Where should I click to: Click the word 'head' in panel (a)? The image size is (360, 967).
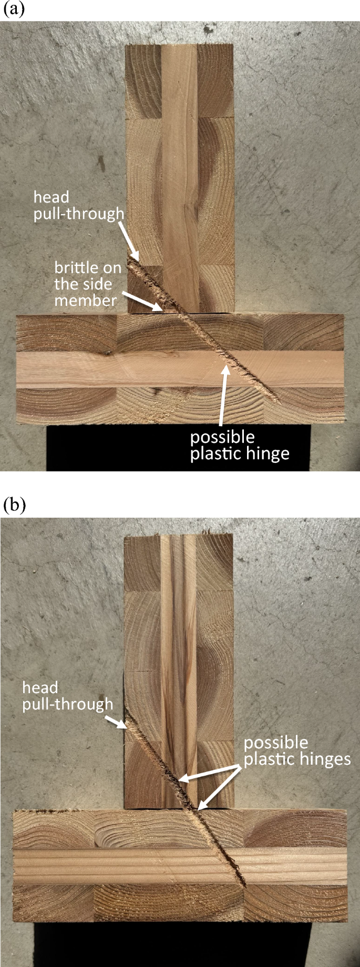click(x=51, y=197)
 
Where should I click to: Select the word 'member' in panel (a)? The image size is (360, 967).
click(x=86, y=301)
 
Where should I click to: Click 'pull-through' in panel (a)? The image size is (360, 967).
click(x=79, y=214)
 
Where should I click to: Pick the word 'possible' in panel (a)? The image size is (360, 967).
click(x=222, y=437)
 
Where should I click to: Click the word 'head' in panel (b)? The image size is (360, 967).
click(x=39, y=687)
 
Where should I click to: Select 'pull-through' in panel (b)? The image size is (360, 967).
click(x=67, y=705)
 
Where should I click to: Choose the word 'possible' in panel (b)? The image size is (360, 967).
click(x=276, y=743)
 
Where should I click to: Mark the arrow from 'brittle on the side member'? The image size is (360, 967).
click(x=142, y=300)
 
